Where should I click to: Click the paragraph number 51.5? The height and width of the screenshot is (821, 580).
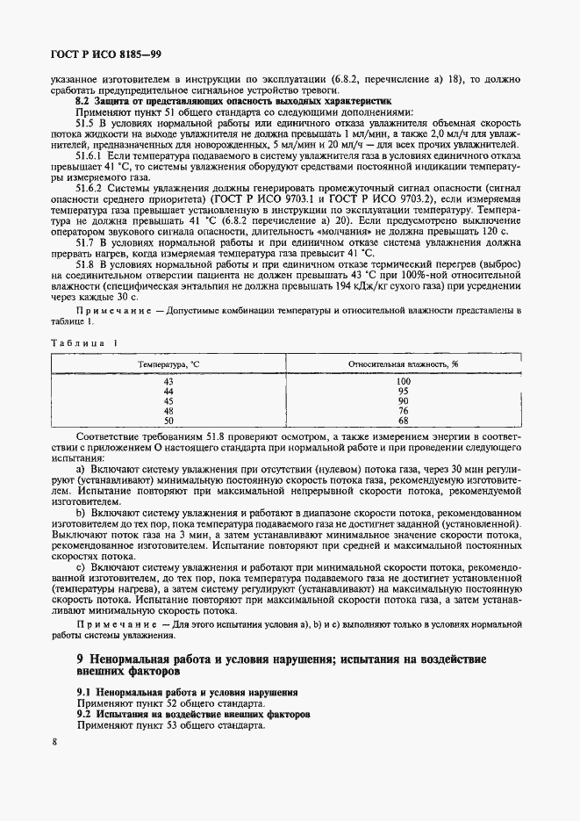[89, 124]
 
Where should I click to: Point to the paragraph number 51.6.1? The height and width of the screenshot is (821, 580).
[93, 155]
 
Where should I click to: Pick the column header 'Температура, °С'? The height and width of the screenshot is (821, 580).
[169, 363]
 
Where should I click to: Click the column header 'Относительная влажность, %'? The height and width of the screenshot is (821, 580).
[404, 363]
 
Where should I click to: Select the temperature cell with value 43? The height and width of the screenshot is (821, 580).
[169, 381]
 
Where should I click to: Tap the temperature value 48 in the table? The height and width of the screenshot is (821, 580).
[169, 410]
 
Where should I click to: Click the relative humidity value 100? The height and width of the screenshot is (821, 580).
[404, 381]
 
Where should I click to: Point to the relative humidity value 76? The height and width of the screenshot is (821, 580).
[404, 410]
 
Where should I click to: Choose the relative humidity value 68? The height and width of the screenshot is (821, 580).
[404, 420]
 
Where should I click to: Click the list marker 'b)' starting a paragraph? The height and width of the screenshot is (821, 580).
[82, 512]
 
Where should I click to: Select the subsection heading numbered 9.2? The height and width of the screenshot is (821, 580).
[86, 715]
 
